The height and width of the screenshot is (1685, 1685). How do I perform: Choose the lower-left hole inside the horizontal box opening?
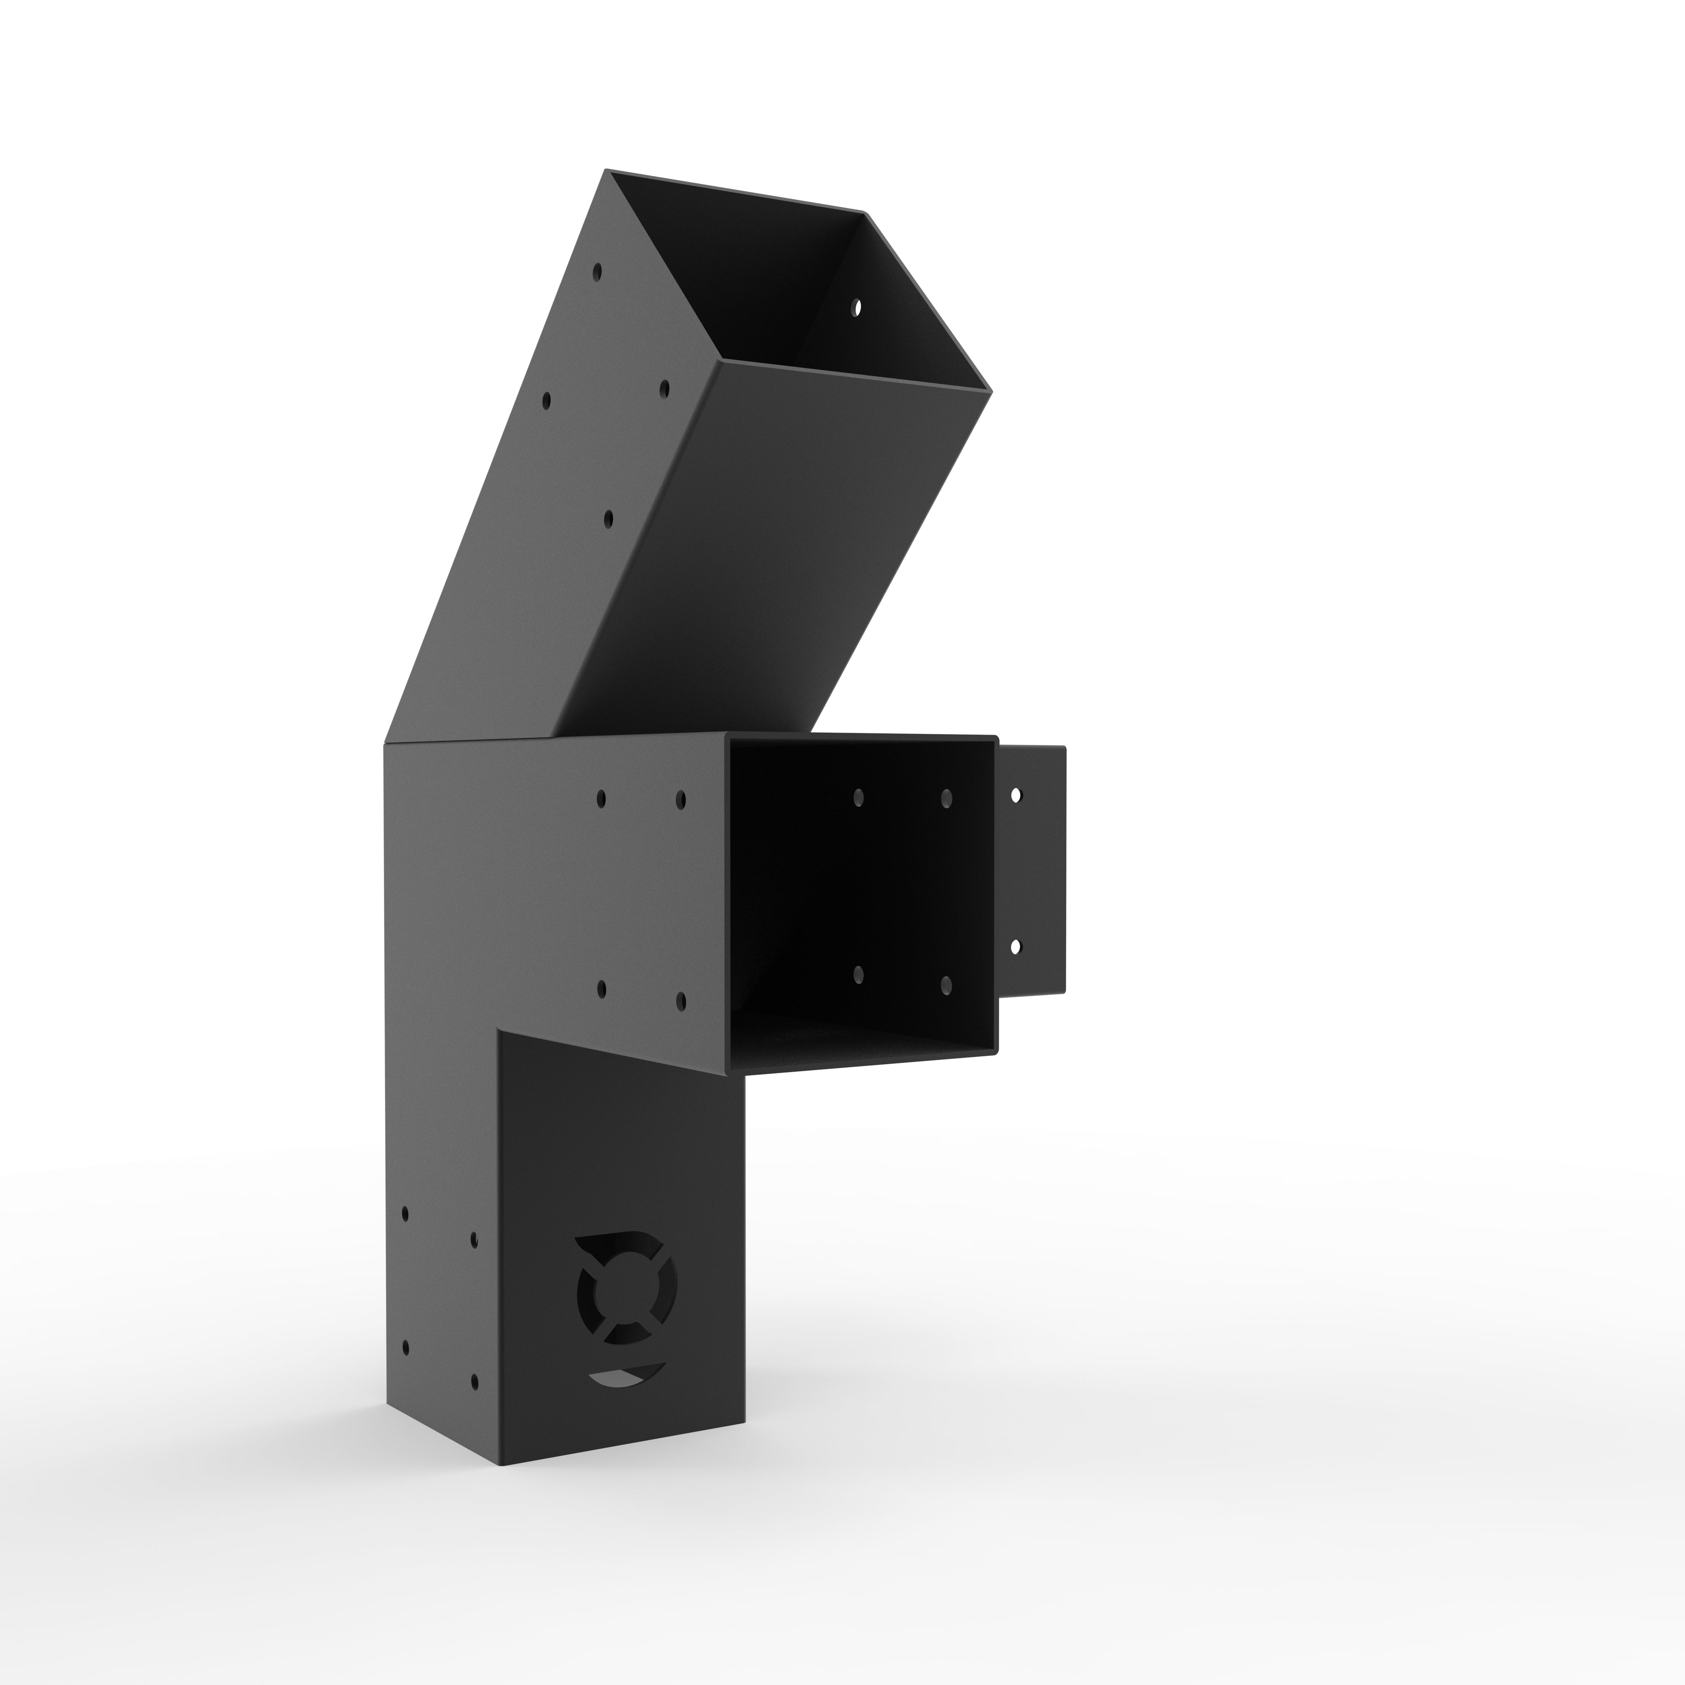click(858, 974)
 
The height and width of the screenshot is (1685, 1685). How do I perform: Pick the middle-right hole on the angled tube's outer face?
click(664, 386)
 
